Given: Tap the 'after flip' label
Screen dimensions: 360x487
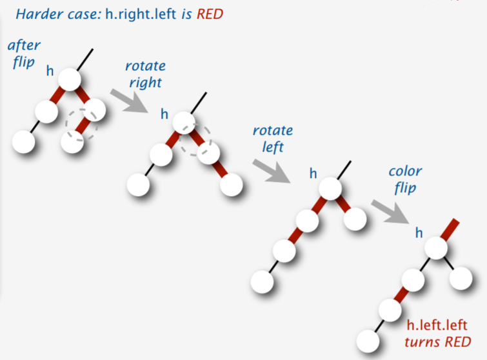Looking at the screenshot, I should [x=24, y=54].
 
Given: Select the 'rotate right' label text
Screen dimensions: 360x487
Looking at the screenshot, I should [x=145, y=74].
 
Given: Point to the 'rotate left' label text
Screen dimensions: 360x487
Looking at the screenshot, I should [x=272, y=139].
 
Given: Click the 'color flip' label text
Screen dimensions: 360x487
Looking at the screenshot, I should [x=405, y=180].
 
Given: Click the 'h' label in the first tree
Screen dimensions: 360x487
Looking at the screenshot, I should [x=50, y=70].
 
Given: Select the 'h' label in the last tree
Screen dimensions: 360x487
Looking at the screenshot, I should [x=419, y=232].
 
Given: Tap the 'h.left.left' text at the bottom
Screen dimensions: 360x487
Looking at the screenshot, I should [x=437, y=325].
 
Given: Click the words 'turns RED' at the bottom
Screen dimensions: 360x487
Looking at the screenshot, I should [x=438, y=341].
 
